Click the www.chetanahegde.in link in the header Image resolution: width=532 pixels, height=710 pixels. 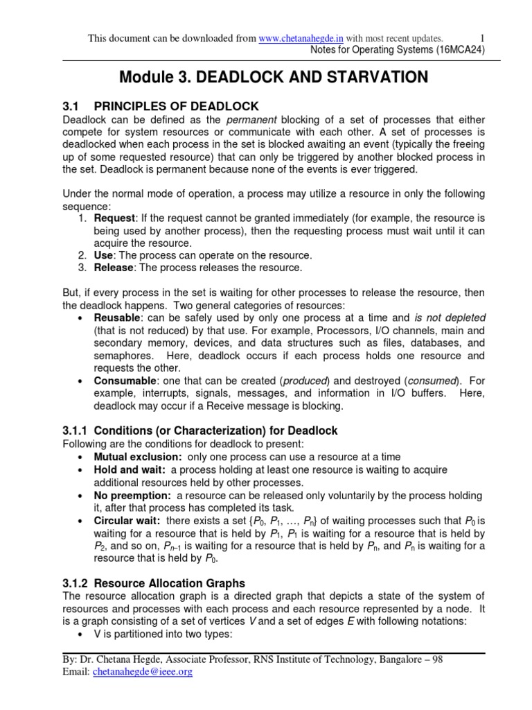coord(301,38)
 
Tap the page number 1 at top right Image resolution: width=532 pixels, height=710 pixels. coord(482,38)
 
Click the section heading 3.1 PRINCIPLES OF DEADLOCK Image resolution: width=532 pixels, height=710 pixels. coord(161,106)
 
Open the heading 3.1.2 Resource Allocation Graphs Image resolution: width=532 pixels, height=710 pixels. coord(154,583)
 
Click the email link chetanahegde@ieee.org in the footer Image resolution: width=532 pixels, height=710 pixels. coord(141,673)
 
